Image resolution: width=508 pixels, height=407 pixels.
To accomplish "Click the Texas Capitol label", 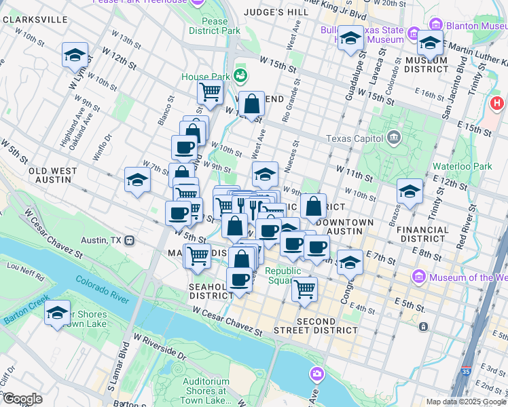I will (x=350, y=139).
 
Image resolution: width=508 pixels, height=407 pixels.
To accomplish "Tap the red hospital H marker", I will (x=497, y=104).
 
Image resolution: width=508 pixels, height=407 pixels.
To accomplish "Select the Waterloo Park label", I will (x=462, y=166).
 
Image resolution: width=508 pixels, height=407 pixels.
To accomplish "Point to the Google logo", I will (x=22, y=398).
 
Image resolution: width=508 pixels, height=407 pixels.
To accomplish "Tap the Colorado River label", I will (x=102, y=289).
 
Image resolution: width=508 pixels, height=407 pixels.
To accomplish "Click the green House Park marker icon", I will (x=240, y=75).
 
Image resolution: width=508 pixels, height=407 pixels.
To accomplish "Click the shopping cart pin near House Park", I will (x=211, y=91).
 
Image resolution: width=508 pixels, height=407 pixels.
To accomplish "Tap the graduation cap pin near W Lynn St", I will (x=75, y=56).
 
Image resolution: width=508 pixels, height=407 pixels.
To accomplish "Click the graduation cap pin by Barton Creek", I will (x=58, y=313).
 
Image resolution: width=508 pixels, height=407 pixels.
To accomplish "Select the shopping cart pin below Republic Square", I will (x=305, y=288).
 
